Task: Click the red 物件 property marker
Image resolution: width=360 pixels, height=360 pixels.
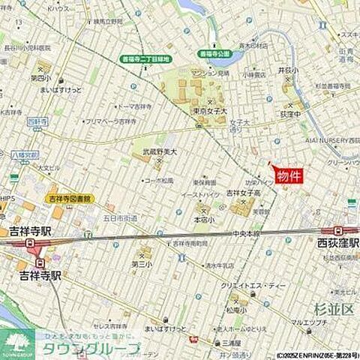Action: click(x=289, y=176)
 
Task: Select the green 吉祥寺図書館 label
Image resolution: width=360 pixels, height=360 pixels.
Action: click(x=69, y=199)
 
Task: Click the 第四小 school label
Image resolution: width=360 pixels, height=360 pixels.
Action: click(x=40, y=77)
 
